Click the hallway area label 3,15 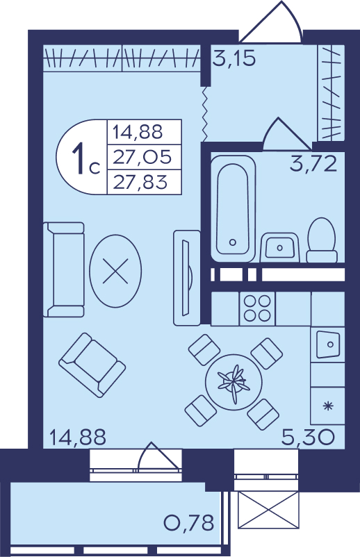click(x=234, y=58)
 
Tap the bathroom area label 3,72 click(x=313, y=164)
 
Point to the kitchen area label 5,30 click(x=308, y=437)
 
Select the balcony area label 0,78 click(x=189, y=522)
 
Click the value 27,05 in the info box click(x=142, y=157)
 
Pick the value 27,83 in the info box click(x=140, y=182)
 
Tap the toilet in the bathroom click(x=322, y=240)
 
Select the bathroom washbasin click(x=279, y=247)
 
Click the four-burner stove click(x=257, y=308)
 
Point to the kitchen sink click(x=327, y=344)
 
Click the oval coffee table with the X click(x=115, y=271)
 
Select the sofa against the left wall click(x=64, y=269)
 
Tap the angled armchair click(x=92, y=365)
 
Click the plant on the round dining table click(x=234, y=383)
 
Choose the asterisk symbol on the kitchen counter click(x=327, y=406)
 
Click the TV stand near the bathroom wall click(x=187, y=277)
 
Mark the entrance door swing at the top click(x=271, y=22)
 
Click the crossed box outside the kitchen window click(x=267, y=510)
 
